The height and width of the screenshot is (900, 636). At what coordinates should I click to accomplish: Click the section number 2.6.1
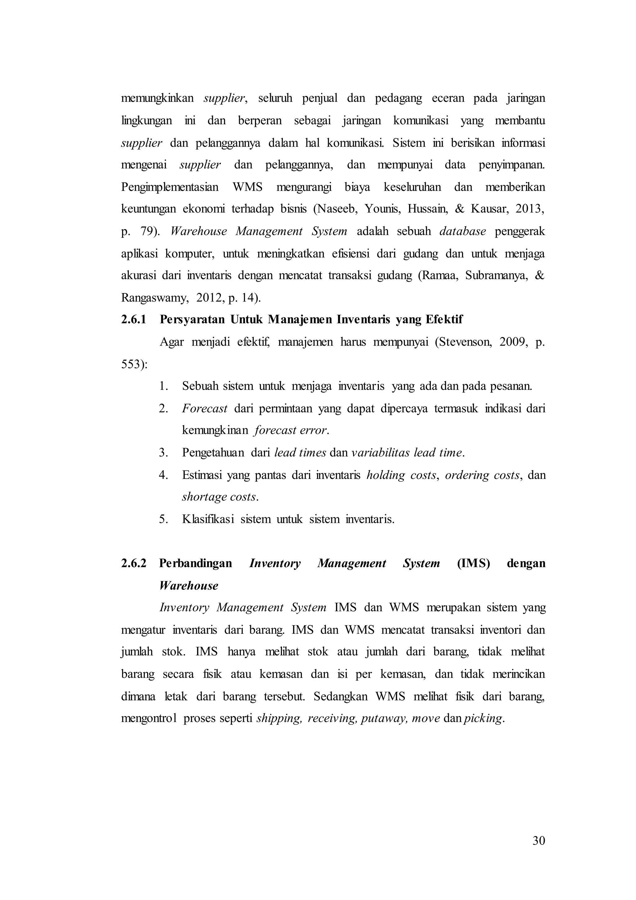coord(134,319)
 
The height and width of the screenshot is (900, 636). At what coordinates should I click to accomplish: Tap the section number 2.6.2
coord(134,563)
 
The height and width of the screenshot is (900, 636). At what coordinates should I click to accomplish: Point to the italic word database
coord(462,231)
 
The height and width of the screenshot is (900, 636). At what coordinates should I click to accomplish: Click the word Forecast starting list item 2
coord(204,408)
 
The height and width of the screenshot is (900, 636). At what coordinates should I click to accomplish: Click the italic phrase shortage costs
coord(219,497)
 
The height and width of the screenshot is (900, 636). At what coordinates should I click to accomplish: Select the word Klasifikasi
coord(208,519)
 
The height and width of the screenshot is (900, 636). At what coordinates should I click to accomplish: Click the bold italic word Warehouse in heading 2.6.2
coord(189,585)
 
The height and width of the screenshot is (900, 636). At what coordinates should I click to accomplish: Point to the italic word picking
coord(483,719)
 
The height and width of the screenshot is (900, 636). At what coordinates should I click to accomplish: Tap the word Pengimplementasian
coord(170,187)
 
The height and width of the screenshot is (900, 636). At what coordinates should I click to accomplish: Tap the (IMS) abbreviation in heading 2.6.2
coord(473,563)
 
